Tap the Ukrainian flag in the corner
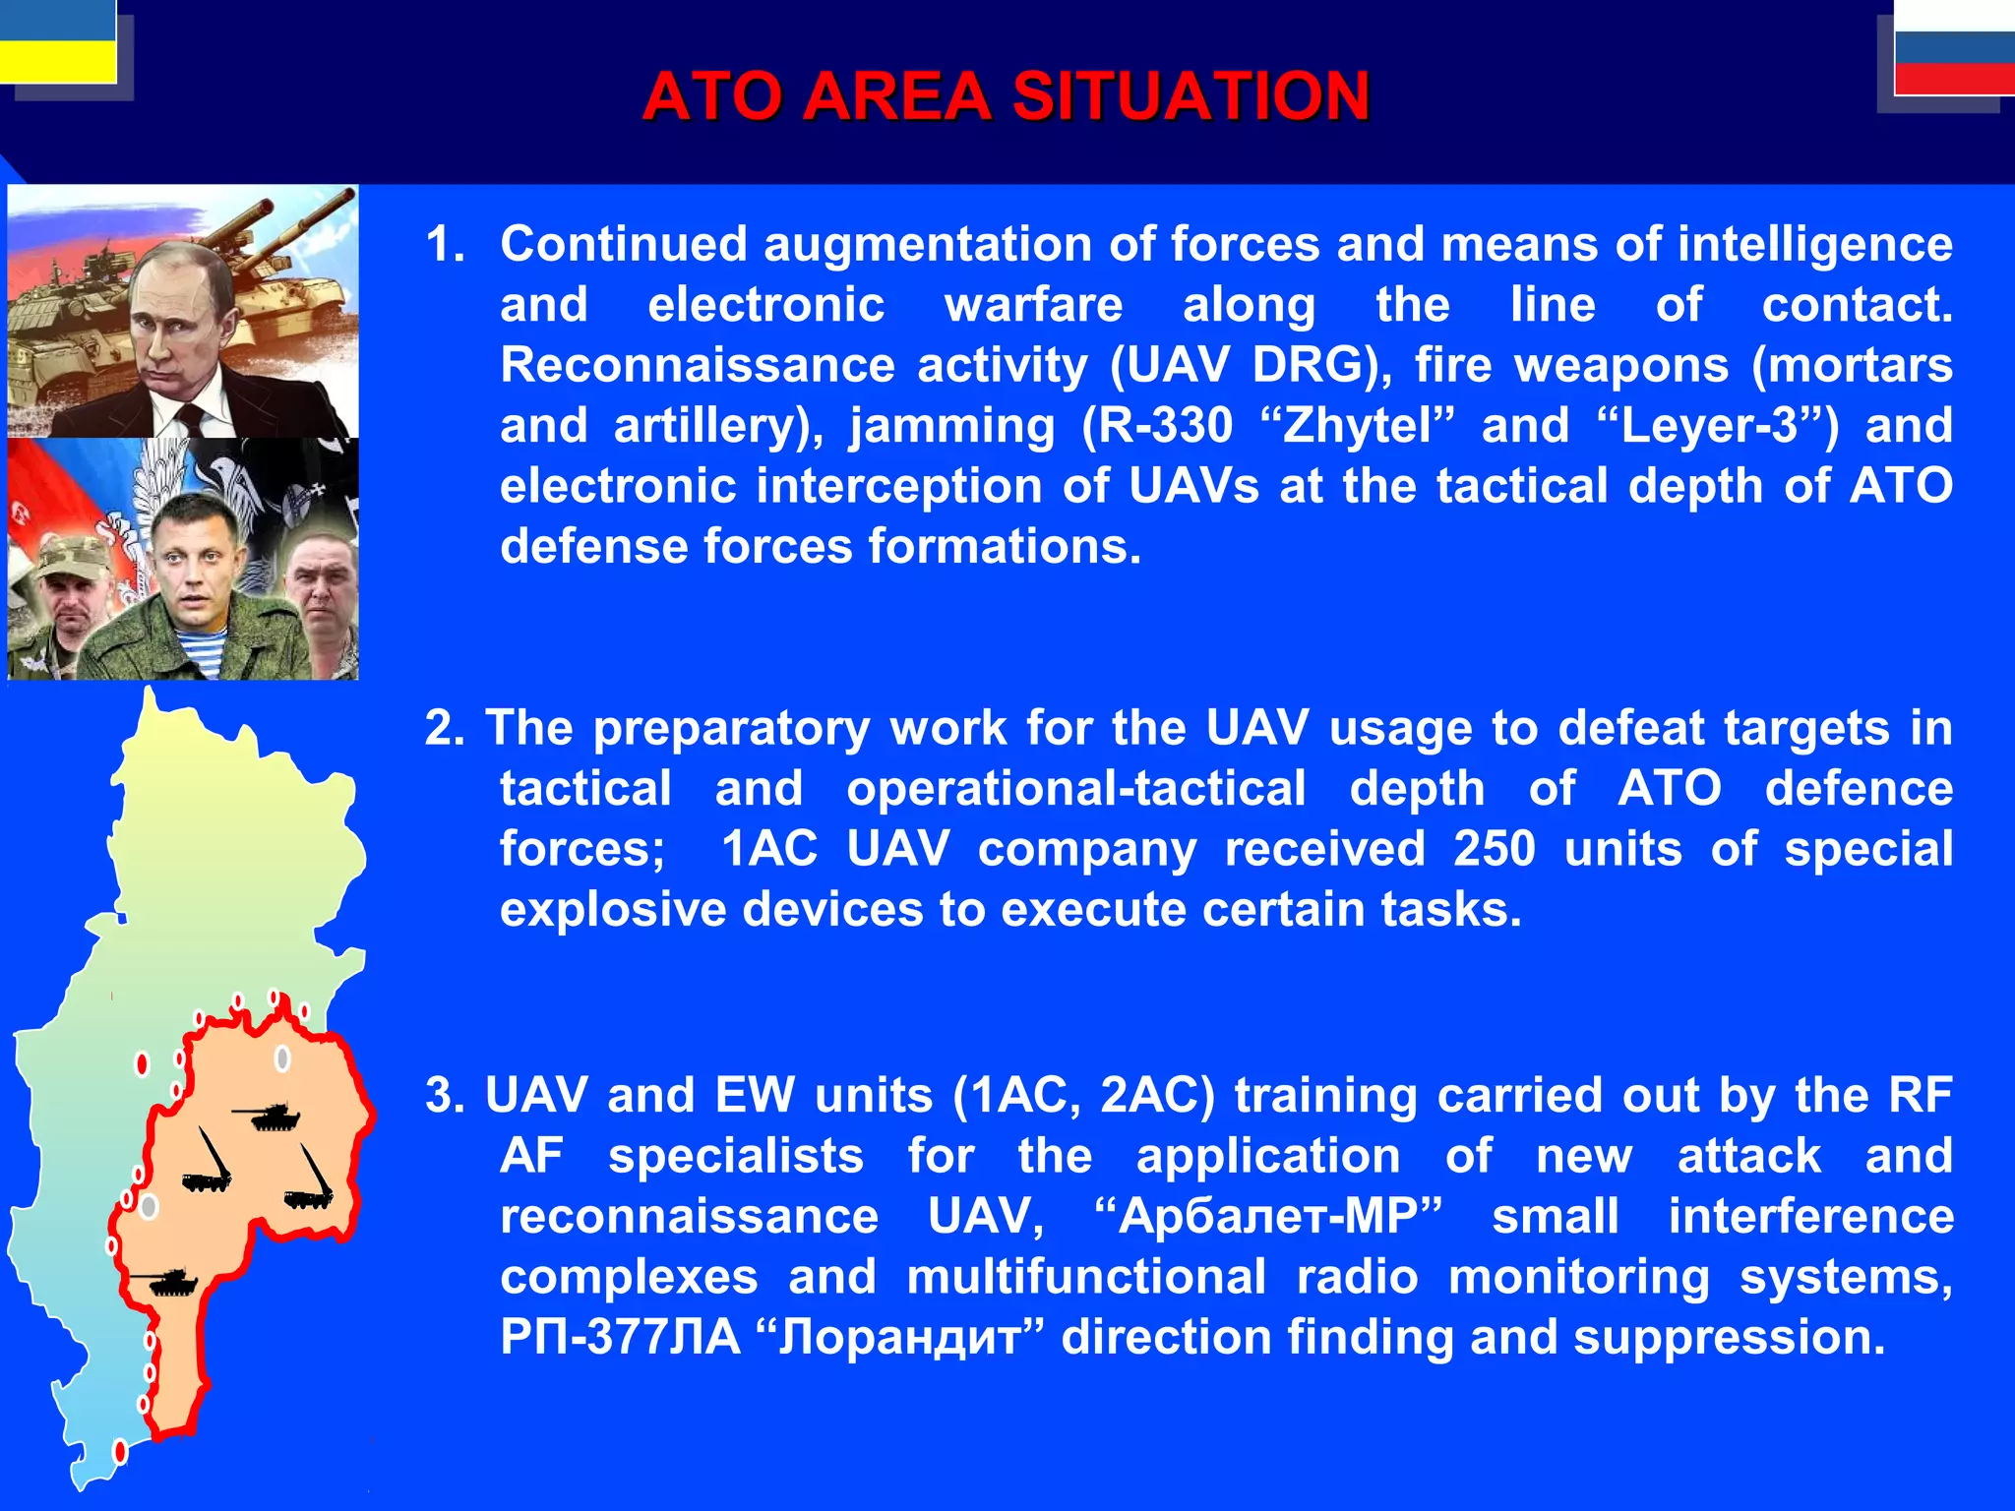tap(57, 41)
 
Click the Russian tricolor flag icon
tap(1954, 49)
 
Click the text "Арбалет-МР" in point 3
tap(1268, 1217)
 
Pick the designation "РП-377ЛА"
tap(619, 1338)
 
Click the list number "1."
tap(445, 244)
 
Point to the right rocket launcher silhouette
tap(312, 1180)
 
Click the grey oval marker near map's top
tap(282, 1058)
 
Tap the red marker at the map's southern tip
tap(120, 1451)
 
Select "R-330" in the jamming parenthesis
tap(1156, 426)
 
